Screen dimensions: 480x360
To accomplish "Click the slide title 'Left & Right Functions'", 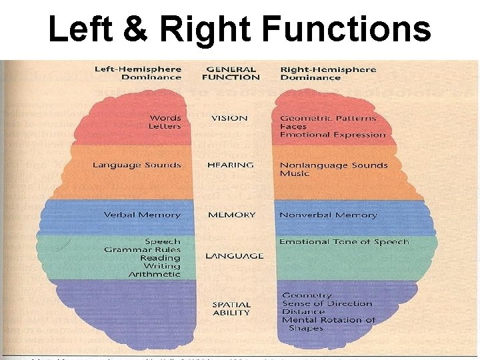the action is (239, 30).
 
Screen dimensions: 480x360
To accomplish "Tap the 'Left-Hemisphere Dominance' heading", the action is (137, 73).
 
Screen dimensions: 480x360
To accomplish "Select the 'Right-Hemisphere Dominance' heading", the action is (328, 73).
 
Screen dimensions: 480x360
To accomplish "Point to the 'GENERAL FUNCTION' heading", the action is (231, 73).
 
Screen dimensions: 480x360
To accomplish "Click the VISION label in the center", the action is (229, 118).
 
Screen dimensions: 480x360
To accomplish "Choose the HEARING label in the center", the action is (231, 165).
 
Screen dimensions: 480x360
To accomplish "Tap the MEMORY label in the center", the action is (231, 215).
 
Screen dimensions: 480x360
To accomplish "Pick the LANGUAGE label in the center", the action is (234, 256).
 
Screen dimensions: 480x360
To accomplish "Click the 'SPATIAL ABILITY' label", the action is (231, 309).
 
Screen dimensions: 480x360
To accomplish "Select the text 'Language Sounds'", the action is (137, 165).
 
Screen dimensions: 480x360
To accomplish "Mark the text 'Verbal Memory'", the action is (142, 215).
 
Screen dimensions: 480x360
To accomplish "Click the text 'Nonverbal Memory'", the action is (328, 215).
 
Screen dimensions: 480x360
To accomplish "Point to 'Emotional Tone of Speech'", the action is (344, 241).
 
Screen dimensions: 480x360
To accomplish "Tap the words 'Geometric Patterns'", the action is (328, 118).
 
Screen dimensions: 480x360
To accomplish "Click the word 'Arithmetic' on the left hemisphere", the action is (154, 274).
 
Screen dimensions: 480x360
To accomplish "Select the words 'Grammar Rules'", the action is (142, 249).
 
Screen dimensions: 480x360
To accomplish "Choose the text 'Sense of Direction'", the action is (327, 303).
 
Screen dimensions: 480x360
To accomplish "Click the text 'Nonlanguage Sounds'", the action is (333, 165).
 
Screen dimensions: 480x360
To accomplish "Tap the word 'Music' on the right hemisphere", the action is (295, 173).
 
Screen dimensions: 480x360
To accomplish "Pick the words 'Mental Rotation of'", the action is (329, 320).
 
